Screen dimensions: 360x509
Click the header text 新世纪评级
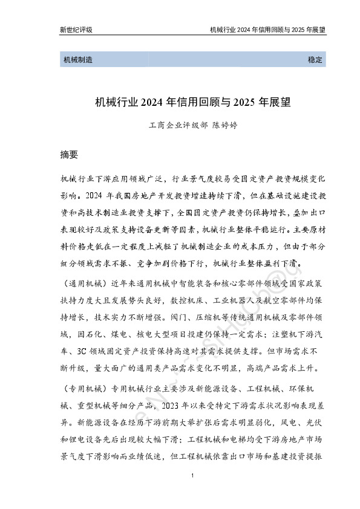[76, 29]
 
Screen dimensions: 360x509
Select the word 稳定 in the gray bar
[316, 60]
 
